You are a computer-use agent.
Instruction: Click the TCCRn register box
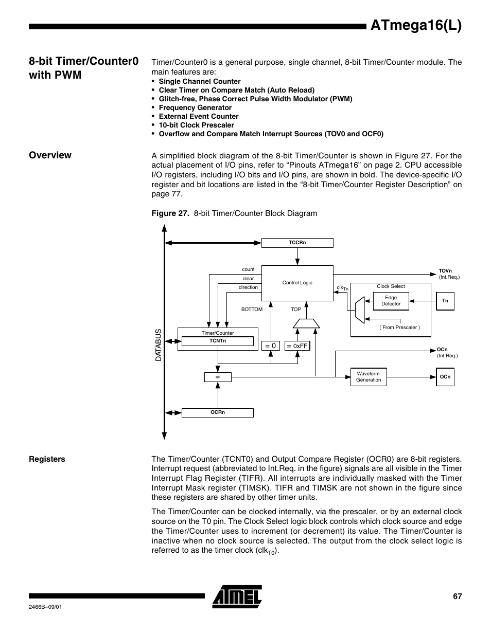pyautogui.click(x=297, y=243)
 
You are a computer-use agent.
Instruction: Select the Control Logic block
pyautogui.click(x=297, y=283)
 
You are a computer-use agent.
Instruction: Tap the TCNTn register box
pyautogui.click(x=218, y=341)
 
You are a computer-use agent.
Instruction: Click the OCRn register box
pyautogui.click(x=218, y=412)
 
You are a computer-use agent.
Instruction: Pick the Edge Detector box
pyautogui.click(x=391, y=301)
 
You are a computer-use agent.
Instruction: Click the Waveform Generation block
pyautogui.click(x=368, y=377)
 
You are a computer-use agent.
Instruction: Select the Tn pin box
pyautogui.click(x=445, y=301)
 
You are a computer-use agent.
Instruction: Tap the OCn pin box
pyautogui.click(x=445, y=377)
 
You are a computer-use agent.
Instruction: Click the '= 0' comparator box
pyautogui.click(x=271, y=346)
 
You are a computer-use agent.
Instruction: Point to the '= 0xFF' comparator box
pyautogui.click(x=297, y=346)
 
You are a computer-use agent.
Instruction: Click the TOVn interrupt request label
pyautogui.click(x=446, y=271)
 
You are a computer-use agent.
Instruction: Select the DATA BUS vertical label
pyautogui.click(x=159, y=345)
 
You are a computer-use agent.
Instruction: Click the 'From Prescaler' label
pyautogui.click(x=399, y=328)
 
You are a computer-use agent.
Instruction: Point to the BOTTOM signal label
pyautogui.click(x=252, y=310)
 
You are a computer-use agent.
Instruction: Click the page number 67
pyautogui.click(x=457, y=596)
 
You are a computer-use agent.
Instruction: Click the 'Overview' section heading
pyautogui.click(x=50, y=155)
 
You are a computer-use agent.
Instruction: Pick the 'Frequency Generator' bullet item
pyautogui.click(x=195, y=107)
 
